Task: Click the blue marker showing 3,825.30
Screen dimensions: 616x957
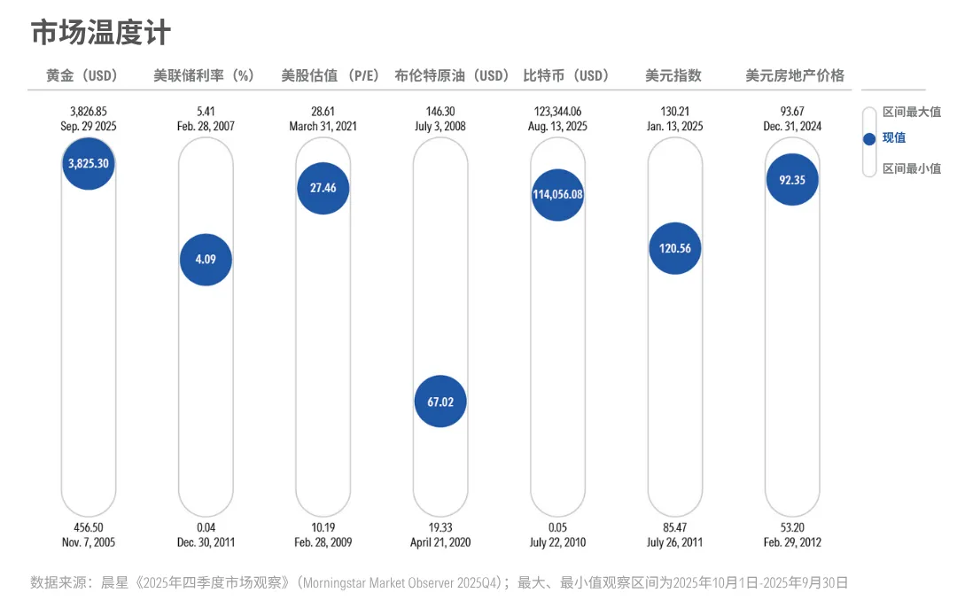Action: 89,163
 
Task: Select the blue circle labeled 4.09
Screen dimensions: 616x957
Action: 206,260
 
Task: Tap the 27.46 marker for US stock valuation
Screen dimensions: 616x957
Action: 323,188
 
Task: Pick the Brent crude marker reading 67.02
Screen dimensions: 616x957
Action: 440,401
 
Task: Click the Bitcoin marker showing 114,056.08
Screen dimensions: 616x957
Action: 557,194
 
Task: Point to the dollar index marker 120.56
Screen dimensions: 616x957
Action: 675,248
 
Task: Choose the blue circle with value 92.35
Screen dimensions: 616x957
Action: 791,179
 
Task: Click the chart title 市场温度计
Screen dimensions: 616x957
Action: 101,33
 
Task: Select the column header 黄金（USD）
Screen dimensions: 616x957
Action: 82,76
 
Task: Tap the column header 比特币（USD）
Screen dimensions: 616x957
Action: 566,76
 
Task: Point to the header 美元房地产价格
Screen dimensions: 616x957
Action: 795,76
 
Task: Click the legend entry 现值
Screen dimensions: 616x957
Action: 894,138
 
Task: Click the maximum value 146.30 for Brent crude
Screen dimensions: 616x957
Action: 440,112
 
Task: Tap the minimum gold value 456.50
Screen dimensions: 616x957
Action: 89,528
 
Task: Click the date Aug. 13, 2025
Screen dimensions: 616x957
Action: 558,126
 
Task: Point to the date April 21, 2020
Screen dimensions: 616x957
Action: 440,542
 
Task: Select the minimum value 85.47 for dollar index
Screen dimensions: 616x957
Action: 675,528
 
